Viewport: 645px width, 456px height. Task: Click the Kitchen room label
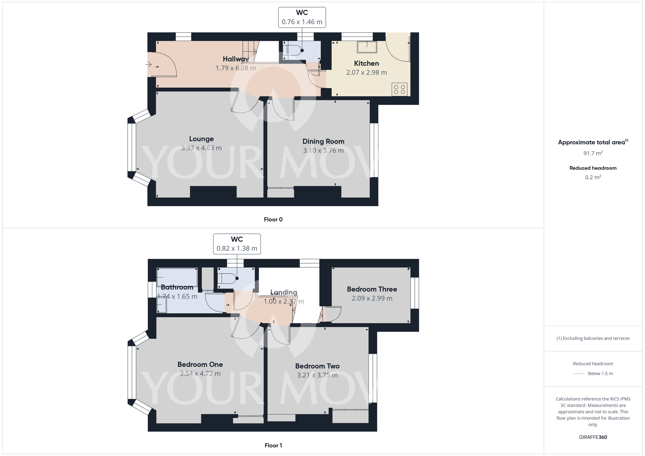click(366, 64)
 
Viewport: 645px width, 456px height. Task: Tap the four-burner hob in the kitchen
click(400, 89)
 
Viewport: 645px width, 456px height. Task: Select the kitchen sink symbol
click(367, 47)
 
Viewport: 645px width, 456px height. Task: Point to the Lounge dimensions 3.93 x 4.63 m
click(201, 148)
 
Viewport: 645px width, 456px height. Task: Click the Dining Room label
click(323, 141)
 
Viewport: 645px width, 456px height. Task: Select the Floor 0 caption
click(273, 220)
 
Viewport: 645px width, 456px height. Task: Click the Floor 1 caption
click(273, 445)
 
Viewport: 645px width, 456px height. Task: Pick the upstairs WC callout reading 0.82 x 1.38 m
click(237, 248)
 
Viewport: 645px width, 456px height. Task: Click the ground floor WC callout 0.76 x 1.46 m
click(302, 22)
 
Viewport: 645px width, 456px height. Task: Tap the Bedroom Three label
click(372, 289)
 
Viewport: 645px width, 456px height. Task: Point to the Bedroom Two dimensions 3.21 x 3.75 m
click(317, 375)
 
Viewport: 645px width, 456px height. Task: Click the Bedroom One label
click(200, 364)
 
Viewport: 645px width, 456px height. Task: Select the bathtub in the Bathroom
click(177, 277)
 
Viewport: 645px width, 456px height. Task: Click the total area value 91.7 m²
click(593, 153)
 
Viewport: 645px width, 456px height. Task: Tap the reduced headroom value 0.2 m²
click(593, 177)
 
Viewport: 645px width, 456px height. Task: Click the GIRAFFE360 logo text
click(593, 437)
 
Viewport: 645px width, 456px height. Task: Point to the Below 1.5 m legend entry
click(600, 374)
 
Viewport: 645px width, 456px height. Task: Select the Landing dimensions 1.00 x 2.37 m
click(284, 302)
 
